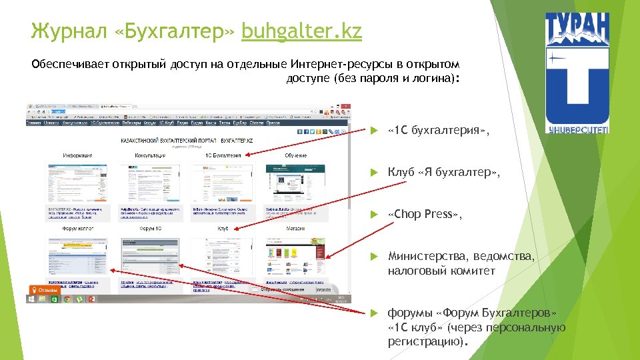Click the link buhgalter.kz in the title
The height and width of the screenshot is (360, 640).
click(301, 31)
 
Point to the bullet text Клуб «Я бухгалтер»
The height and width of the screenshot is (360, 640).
click(443, 173)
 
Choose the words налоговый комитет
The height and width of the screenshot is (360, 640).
click(441, 271)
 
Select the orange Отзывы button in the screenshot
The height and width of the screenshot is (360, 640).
click(44, 290)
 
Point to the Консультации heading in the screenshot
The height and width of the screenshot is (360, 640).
click(150, 155)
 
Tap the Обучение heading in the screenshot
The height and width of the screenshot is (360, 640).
click(296, 155)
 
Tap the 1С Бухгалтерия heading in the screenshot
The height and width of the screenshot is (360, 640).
click(223, 155)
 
